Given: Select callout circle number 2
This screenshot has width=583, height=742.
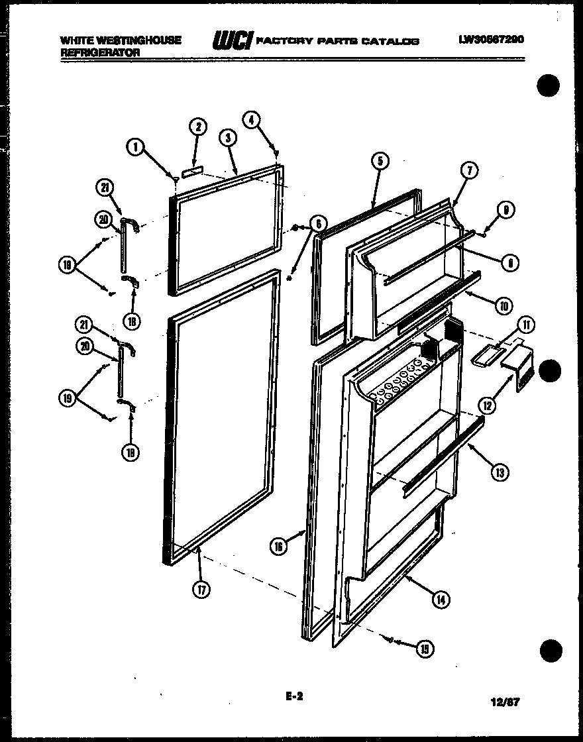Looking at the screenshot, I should coord(197,127).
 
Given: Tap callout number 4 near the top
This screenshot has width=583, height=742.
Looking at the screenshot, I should coord(251,119).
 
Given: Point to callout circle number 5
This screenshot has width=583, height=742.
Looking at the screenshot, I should coord(380,160).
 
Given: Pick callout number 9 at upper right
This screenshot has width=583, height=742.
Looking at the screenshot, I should coord(506,211).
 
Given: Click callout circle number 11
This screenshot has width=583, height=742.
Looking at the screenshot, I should coord(527,325).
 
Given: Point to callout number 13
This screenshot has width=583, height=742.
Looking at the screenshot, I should coord(500,472).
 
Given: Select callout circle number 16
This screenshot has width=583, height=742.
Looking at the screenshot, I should coord(278,546).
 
